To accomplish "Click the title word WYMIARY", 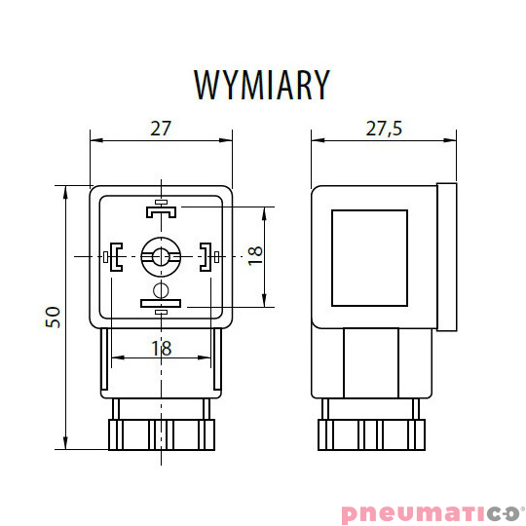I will coord(262,85).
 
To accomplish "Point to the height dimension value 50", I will coord(54,317).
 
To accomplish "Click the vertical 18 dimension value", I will coord(254,255).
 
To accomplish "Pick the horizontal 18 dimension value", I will coord(162,348).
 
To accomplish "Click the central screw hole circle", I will coord(161,256).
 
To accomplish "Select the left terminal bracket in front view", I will coord(116,256).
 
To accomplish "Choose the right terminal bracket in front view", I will coord(206,256).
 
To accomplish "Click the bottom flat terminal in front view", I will coord(161,304).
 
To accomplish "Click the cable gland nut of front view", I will coord(161,432).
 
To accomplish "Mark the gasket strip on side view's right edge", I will coord(447,256).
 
